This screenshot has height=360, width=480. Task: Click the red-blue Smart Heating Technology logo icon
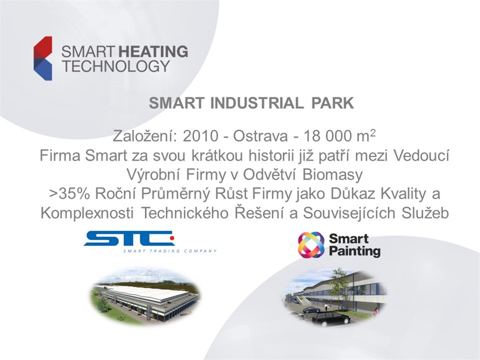pyautogui.click(x=43, y=58)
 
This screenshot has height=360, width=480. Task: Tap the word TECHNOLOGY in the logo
pyautogui.click(x=116, y=66)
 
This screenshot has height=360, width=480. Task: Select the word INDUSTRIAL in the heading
pyautogui.click(x=257, y=103)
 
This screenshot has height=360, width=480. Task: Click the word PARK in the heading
pyautogui.click(x=332, y=103)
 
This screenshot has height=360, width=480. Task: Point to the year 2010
pyautogui.click(x=201, y=136)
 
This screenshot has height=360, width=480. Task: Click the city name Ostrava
pyautogui.click(x=260, y=136)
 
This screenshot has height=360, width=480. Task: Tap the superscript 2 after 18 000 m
pyautogui.click(x=373, y=133)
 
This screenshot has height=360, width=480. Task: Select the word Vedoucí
pyautogui.click(x=421, y=156)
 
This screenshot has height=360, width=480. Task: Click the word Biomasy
pyautogui.click(x=332, y=175)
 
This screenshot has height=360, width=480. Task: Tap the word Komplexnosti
pyautogui.click(x=87, y=214)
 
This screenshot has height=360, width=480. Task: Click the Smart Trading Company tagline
pyautogui.click(x=170, y=251)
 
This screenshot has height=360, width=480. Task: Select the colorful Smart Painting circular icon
pyautogui.click(x=311, y=245)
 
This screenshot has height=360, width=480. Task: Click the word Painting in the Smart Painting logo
pyautogui.click(x=355, y=252)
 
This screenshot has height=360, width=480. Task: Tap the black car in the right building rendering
pyautogui.click(x=330, y=319)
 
